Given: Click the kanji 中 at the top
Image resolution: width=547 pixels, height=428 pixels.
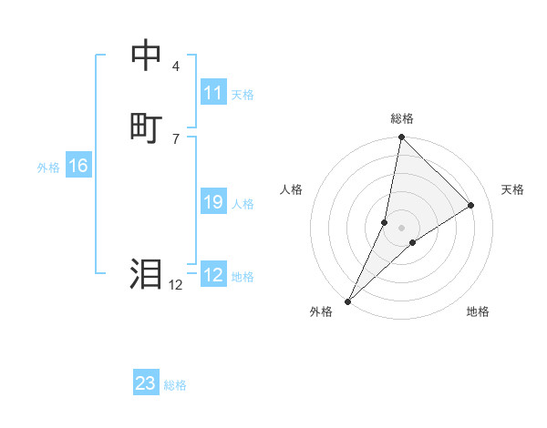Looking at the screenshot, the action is [147, 55].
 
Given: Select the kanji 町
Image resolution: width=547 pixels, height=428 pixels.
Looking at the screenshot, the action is [147, 127].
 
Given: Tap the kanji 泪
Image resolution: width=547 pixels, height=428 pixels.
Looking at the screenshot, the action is [147, 273].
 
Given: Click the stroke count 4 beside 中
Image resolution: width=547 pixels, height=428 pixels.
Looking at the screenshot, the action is [175, 66].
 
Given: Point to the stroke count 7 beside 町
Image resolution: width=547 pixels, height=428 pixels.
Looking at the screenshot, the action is [175, 138].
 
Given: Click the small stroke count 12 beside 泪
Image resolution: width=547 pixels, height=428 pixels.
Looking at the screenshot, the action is [175, 285].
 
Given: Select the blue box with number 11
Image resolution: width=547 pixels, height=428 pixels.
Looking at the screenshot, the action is [213, 93].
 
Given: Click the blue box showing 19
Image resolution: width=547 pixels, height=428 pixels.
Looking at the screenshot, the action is [213, 202].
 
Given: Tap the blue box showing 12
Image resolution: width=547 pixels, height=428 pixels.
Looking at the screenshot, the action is [213, 275].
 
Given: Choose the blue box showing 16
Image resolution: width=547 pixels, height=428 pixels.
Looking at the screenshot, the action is [78, 166].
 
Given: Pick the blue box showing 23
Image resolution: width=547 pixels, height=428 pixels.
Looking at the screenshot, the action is [146, 383].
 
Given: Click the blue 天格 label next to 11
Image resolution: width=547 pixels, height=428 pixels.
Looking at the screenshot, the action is [243, 95].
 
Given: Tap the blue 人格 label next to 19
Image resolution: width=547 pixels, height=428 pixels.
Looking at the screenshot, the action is [243, 204].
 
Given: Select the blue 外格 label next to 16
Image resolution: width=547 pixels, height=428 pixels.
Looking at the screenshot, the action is [48, 168].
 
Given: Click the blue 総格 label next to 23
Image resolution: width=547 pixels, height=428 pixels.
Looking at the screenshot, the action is [175, 385].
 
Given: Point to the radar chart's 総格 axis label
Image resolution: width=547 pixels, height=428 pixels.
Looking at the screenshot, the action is [402, 118].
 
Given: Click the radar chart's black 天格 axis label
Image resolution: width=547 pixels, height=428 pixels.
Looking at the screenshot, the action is [513, 189].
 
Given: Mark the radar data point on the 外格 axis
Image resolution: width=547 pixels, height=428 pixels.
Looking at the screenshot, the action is [348, 301].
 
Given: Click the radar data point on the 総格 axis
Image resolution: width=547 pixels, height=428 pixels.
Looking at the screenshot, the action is [401, 137].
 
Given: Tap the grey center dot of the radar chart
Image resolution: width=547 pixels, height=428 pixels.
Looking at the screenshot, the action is [401, 227].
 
